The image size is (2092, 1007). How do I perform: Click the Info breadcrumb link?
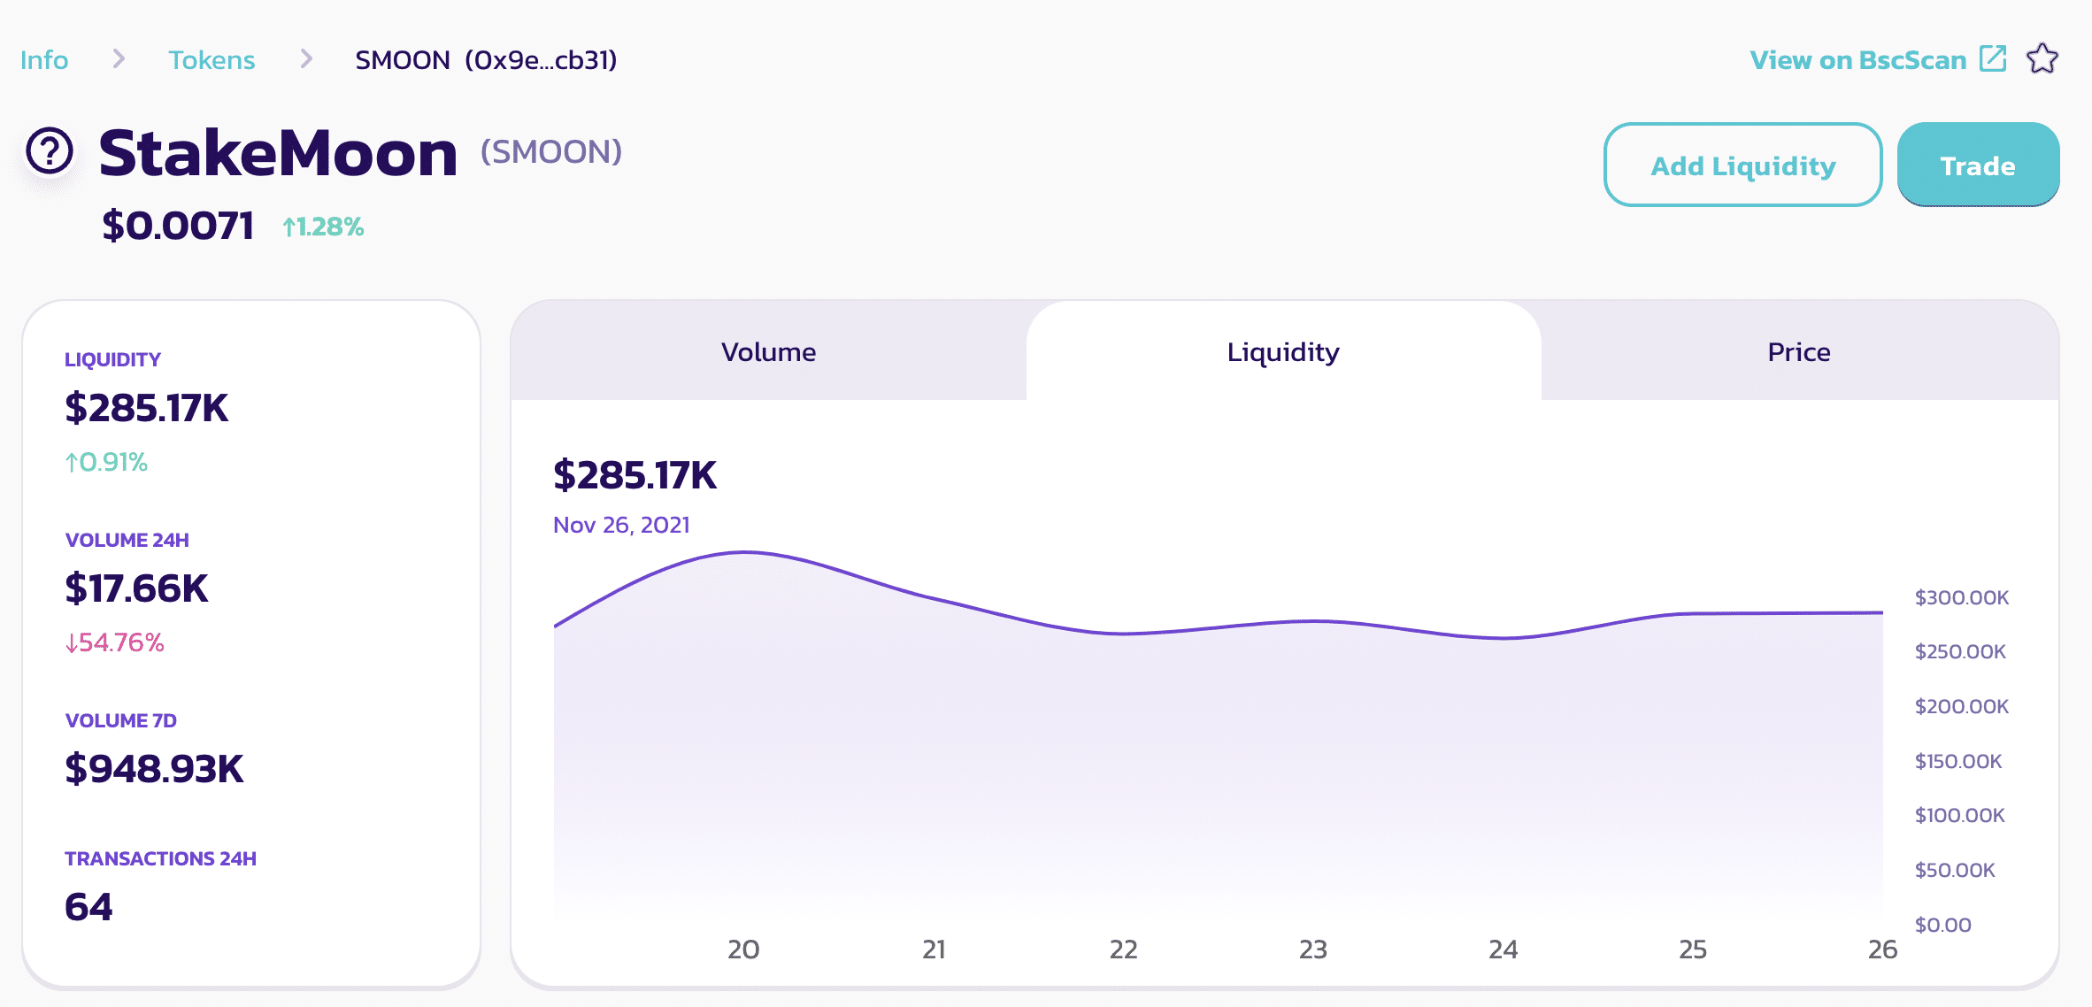[x=44, y=60]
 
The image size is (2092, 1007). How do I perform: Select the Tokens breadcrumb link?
[x=212, y=60]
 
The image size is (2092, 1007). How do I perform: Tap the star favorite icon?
[x=2042, y=59]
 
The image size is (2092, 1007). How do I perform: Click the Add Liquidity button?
[x=1742, y=165]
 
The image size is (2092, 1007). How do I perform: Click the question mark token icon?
[x=50, y=151]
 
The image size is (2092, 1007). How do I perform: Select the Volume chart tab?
[x=768, y=352]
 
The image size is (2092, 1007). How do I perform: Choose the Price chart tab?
[x=1798, y=352]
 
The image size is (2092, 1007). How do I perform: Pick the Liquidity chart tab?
[x=1283, y=352]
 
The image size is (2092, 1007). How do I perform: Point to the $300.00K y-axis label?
[x=1961, y=598]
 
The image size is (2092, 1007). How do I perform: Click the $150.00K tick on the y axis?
[x=1957, y=761]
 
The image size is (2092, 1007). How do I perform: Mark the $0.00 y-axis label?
[x=1942, y=925]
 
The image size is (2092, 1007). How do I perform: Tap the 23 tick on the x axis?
[x=1312, y=949]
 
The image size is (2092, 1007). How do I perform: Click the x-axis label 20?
[x=743, y=949]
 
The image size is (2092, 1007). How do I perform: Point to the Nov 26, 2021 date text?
[x=621, y=525]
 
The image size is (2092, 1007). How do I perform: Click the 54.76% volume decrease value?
[x=115, y=642]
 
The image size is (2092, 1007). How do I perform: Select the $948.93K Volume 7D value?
[x=154, y=769]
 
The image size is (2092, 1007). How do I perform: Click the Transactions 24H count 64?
[x=88, y=907]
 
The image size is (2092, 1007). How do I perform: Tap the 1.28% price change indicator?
[x=323, y=227]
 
